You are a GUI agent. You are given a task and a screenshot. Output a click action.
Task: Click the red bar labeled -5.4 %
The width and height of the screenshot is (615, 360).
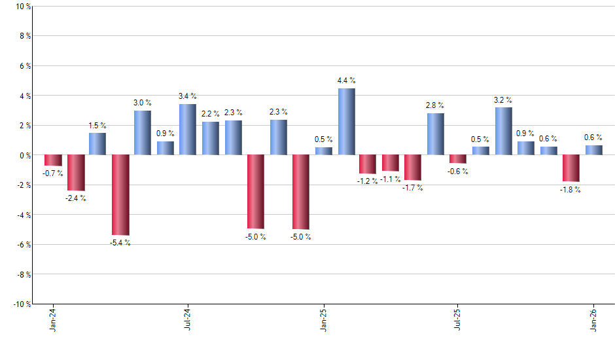[120, 194]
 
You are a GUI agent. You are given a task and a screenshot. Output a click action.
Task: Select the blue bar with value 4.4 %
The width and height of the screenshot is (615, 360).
[347, 122]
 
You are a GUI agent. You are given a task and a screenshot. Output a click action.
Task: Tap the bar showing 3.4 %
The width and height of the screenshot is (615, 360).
[188, 130]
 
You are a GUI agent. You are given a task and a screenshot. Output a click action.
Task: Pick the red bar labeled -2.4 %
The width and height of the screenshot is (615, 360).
[76, 172]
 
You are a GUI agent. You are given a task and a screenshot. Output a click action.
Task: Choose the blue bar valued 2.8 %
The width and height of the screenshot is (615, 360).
[436, 134]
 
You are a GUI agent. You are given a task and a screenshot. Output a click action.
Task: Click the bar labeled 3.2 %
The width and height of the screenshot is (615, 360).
[503, 131]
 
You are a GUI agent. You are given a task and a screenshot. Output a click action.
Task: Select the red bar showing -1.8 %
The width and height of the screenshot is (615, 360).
[571, 168]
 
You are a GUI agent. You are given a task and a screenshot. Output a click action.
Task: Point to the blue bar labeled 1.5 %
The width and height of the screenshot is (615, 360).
[97, 144]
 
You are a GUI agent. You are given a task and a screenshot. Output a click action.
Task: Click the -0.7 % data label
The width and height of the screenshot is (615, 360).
[53, 173]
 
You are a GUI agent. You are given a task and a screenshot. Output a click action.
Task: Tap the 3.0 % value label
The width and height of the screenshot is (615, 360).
[143, 103]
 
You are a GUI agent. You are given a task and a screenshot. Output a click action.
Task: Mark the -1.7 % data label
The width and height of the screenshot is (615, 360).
[413, 188]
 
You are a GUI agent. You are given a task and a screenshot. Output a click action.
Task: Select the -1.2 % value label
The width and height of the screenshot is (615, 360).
[368, 181]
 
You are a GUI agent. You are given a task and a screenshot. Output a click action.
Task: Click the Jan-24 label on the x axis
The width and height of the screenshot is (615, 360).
[53, 320]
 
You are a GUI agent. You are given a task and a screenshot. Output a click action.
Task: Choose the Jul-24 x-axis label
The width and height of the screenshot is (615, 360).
[188, 320]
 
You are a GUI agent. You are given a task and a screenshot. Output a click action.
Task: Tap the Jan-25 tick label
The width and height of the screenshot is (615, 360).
[323, 320]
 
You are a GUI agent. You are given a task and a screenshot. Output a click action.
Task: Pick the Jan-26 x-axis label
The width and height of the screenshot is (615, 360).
[593, 320]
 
